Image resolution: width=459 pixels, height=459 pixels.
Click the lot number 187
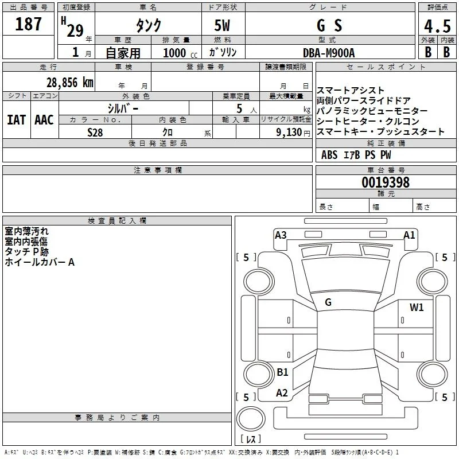[28, 24]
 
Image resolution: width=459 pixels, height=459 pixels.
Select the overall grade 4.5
[437, 26]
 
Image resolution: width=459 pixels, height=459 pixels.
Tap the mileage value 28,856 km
[70, 83]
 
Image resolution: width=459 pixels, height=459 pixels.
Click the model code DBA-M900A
[329, 53]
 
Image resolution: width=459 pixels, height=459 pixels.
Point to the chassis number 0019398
[386, 182]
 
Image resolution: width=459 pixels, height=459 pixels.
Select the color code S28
[95, 133]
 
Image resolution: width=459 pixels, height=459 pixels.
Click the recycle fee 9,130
[289, 133]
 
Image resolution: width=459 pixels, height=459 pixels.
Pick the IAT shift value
[16, 120]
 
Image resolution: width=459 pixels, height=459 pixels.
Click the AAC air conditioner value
[44, 120]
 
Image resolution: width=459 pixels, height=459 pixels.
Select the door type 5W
[222, 25]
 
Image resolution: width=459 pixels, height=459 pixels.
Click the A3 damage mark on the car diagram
[281, 235]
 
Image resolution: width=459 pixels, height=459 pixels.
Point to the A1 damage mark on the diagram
[409, 235]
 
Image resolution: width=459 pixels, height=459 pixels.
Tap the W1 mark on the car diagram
[417, 307]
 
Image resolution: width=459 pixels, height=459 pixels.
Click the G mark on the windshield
[328, 302]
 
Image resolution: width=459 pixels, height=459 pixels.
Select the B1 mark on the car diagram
[282, 372]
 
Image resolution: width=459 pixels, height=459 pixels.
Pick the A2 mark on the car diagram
[282, 393]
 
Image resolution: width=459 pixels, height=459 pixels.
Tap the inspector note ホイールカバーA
[40, 262]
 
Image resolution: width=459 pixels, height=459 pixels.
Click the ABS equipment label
[329, 155]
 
